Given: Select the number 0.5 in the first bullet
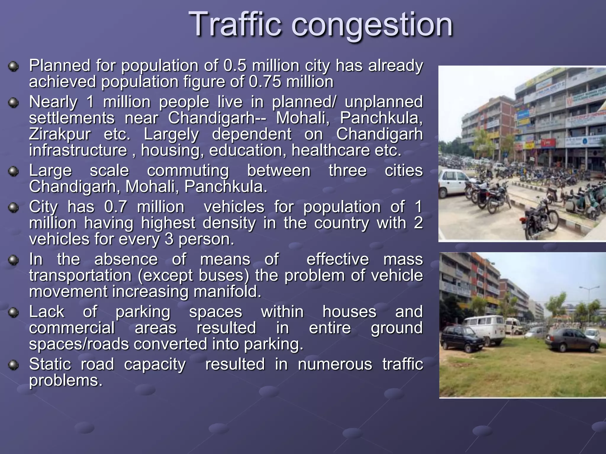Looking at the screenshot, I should point(235,66).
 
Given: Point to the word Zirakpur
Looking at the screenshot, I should point(59,134).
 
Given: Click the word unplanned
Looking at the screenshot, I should point(383,102).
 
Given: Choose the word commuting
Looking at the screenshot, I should point(188,171).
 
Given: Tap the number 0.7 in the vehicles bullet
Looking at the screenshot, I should point(115,207).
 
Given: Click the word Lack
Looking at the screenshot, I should point(47,312).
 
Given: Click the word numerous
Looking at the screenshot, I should point(335,364).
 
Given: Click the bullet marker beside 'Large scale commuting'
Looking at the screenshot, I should point(13,171).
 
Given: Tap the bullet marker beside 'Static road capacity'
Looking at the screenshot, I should point(13,365).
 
